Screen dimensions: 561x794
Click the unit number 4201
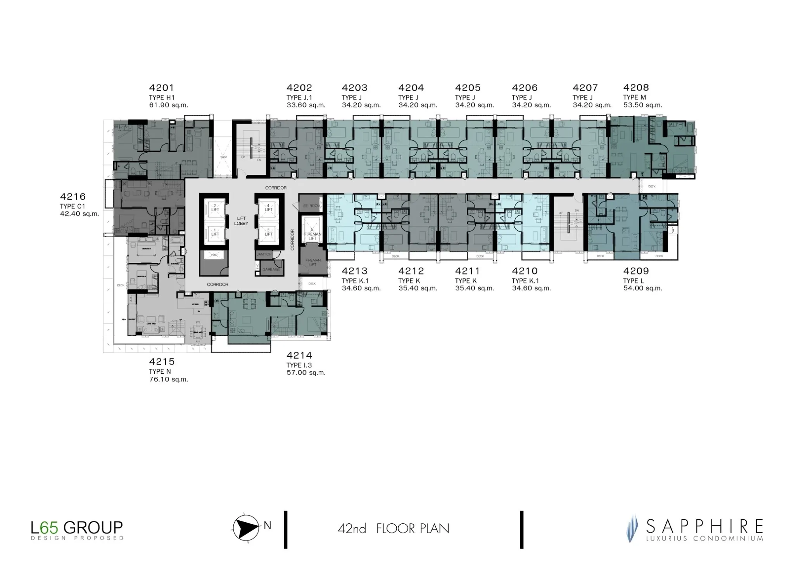coord(162,88)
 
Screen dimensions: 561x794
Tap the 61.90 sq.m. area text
coord(169,105)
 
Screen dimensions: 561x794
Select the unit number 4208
coord(636,88)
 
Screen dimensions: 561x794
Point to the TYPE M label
coord(635,97)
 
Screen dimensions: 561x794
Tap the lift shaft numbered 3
coord(268,232)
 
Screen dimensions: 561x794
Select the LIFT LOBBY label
coord(241,221)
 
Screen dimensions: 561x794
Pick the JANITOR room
coord(264,254)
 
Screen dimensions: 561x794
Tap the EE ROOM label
coord(312,206)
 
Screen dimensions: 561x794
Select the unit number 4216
coord(72,197)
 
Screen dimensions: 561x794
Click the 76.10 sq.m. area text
coord(169,380)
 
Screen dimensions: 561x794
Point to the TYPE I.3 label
coord(299,365)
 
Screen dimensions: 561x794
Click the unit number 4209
coord(636,271)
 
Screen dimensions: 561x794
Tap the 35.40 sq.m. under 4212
coord(418,288)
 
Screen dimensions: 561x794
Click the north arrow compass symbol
coord(246,527)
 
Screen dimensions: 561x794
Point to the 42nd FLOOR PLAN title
coord(393,528)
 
